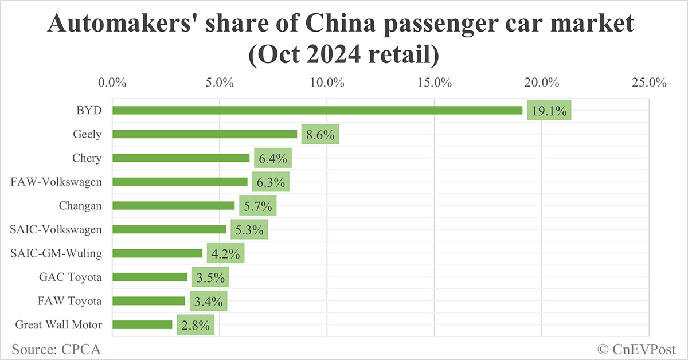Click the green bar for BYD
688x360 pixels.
[x=317, y=110]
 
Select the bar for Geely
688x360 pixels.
[x=205, y=134]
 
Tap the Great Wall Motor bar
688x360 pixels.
[x=142, y=324]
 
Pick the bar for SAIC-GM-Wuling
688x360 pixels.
[x=157, y=253]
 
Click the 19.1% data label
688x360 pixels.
[x=549, y=111]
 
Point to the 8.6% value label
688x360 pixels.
[x=320, y=135]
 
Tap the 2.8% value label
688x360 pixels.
[x=196, y=325]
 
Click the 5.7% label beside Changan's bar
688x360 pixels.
[x=258, y=206]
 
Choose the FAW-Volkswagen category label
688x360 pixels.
[x=57, y=182]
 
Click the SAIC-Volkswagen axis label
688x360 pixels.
[x=56, y=229]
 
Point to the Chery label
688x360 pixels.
[x=87, y=158]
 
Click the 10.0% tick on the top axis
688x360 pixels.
[x=327, y=82]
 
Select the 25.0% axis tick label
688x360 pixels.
[x=648, y=82]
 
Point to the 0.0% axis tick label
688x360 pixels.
[x=112, y=82]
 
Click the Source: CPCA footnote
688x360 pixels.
[x=52, y=349]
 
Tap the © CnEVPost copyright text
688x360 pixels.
[x=636, y=349]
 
